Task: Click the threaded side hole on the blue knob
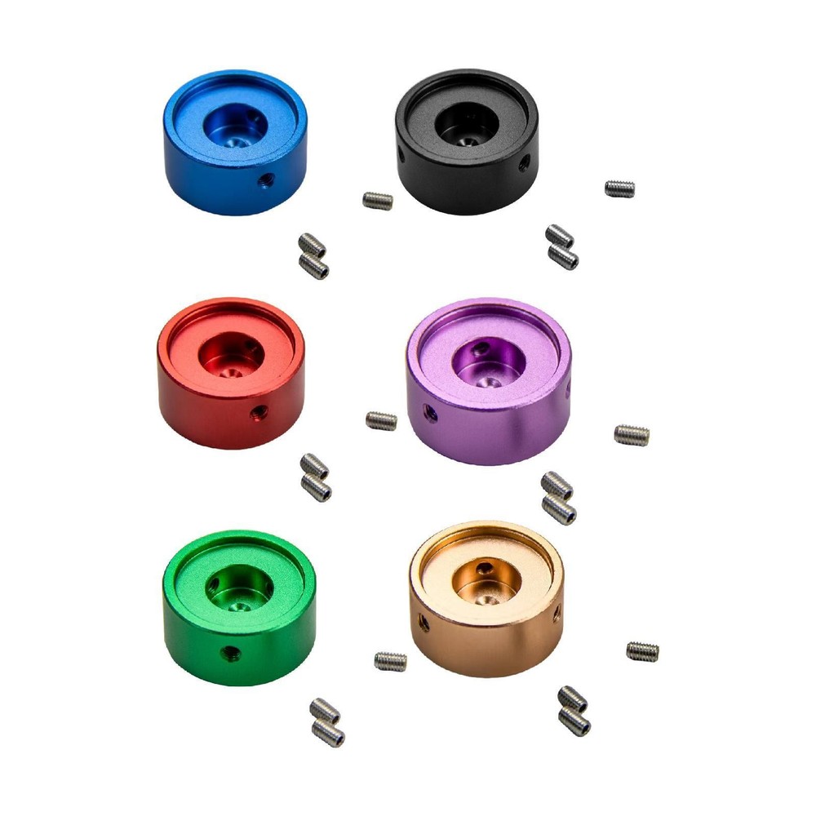(264, 179)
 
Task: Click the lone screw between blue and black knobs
(377, 200)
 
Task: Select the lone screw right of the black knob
(619, 188)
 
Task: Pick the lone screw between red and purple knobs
(381, 420)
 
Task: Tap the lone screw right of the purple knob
(632, 435)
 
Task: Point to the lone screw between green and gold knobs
(390, 661)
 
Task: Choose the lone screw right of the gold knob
(642, 651)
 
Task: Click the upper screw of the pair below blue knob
(312, 244)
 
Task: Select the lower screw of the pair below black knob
(563, 259)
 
